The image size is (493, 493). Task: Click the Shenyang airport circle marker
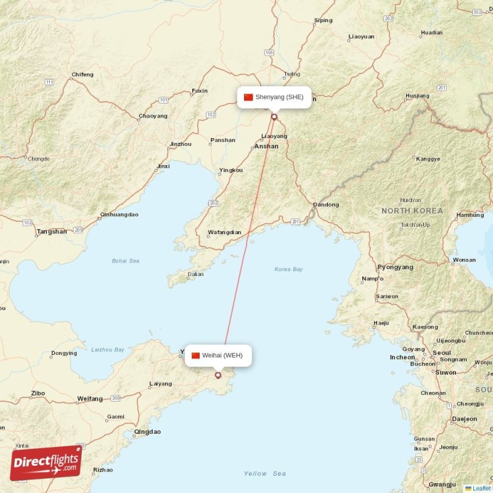point(274,116)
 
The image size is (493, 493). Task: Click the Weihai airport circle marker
point(218,375)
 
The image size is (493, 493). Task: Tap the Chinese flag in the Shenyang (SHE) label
point(248,97)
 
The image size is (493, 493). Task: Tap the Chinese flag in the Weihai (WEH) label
point(196,355)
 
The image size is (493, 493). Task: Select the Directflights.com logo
point(46,463)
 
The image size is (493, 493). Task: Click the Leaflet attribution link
point(481,488)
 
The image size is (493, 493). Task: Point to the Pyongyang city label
point(395,267)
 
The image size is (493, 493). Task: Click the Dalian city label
point(195,274)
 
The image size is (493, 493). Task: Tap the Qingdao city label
point(147,432)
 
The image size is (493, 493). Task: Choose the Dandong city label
point(326,205)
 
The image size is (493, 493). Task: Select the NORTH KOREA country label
point(412,211)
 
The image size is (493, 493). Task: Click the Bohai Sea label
point(125,261)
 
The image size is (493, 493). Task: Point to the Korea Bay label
point(288,269)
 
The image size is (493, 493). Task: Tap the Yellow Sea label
point(264,473)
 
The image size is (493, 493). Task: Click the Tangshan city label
point(52,232)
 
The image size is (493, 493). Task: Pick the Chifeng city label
point(82,75)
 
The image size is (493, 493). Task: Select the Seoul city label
point(442,352)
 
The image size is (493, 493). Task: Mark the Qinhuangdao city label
point(118,214)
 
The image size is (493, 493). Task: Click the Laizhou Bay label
point(108,349)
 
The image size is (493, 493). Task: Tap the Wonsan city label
point(464,260)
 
